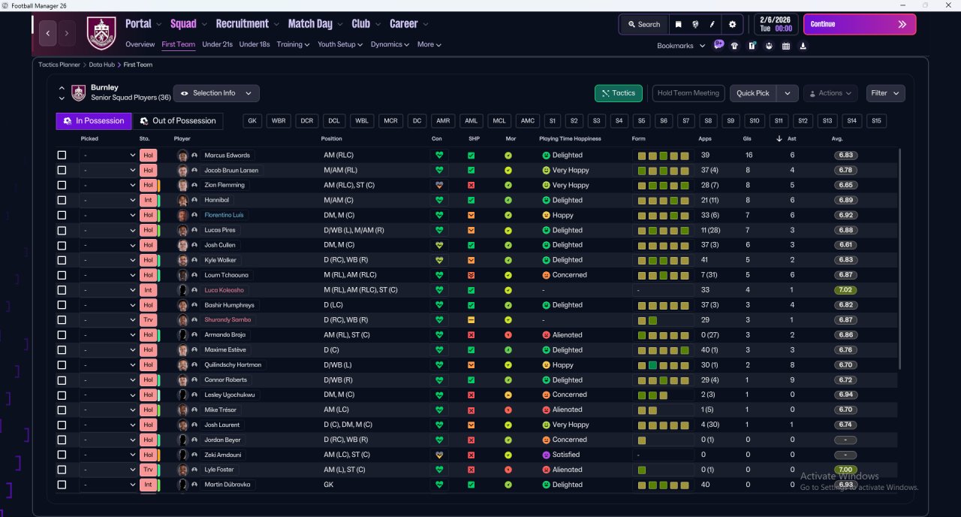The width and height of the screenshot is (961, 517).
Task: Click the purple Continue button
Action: (860, 25)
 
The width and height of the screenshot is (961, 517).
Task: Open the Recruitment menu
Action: (242, 24)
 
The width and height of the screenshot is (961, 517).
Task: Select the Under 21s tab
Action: (217, 44)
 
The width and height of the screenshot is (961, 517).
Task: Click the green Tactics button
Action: (618, 93)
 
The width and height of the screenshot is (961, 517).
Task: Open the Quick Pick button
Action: (752, 93)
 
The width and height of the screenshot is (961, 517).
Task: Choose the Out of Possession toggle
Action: (178, 121)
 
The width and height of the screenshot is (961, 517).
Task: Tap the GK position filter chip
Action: (252, 121)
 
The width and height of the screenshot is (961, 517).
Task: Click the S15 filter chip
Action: (876, 121)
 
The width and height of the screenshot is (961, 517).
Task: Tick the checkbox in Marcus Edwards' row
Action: (62, 155)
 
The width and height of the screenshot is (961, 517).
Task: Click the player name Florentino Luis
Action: (224, 215)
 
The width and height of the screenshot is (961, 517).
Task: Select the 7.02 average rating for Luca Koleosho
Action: (845, 290)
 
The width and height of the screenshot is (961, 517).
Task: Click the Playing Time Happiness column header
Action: (570, 139)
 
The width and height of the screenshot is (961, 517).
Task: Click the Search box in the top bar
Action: (644, 25)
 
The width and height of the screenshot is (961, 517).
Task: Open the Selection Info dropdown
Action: (216, 93)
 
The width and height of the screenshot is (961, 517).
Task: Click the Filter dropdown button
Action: (885, 93)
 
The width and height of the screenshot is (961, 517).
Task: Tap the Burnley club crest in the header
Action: (101, 32)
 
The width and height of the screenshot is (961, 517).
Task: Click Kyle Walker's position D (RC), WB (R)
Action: (345, 260)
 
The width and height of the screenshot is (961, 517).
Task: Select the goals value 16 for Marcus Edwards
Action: (749, 155)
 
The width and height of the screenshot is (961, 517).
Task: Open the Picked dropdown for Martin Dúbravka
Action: (108, 485)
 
